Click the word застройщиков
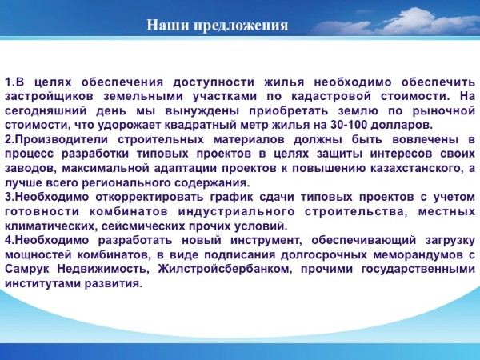tap(49, 97)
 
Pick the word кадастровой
tap(331, 97)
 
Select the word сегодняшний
tap(46, 111)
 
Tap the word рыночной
tap(444, 111)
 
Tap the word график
tap(232, 198)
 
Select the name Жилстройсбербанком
tap(224, 270)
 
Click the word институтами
tap(42, 284)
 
